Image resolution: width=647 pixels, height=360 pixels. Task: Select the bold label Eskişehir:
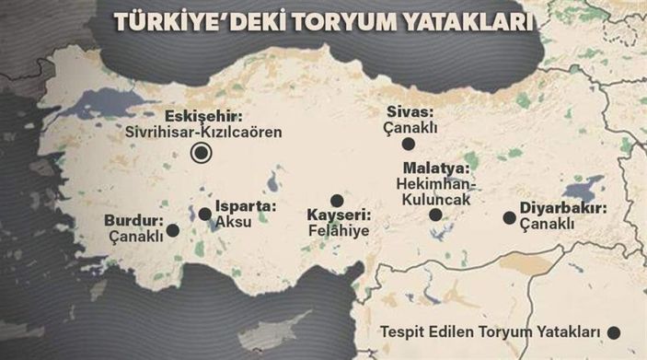[x=203, y=117]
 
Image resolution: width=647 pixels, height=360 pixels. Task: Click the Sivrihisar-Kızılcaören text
[x=203, y=133]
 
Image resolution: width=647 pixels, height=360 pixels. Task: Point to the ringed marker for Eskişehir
[x=198, y=154]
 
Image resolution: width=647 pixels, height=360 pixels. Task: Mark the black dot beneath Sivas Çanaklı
[x=408, y=145]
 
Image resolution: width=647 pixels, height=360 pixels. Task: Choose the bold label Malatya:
[x=436, y=168]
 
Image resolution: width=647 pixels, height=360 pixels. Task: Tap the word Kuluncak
[x=438, y=199]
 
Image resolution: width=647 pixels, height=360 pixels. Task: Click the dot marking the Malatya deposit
[x=434, y=215]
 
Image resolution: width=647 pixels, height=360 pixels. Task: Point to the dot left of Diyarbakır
[x=509, y=218]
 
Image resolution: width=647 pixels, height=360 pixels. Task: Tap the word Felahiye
[x=338, y=233]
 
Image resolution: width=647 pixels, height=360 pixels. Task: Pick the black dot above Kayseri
[x=337, y=201]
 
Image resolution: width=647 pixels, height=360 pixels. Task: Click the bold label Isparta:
[x=245, y=206]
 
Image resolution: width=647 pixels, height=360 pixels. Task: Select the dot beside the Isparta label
[x=203, y=214]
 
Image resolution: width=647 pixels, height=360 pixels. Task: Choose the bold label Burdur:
[x=135, y=221]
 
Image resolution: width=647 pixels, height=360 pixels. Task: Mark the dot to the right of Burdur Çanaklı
[x=172, y=230]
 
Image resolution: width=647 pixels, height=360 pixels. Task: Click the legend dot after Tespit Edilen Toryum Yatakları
[x=615, y=332]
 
